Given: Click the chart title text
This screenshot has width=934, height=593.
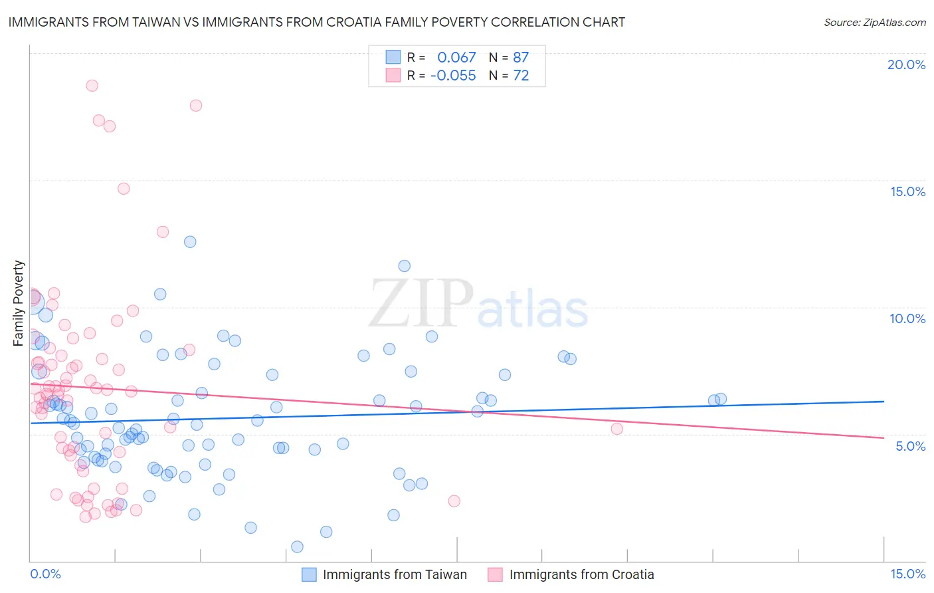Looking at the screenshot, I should click(316, 22).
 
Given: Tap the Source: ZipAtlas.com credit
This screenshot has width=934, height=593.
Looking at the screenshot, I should click(874, 22).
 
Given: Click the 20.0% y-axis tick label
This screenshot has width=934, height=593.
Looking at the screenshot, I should click(906, 64).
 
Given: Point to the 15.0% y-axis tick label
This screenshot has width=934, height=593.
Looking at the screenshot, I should click(907, 191).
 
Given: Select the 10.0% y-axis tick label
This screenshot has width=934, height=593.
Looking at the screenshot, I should click(907, 318).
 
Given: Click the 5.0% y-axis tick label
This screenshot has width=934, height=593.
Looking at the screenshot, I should click(910, 446).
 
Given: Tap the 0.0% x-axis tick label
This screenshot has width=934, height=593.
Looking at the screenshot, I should click(45, 574).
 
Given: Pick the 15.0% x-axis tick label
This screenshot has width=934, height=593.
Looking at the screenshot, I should click(907, 574).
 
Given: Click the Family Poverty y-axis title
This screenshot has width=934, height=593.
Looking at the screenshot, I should click(19, 303).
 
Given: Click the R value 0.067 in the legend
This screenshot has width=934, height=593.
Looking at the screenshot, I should click(456, 58).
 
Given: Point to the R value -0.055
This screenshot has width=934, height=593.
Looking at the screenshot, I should click(453, 76).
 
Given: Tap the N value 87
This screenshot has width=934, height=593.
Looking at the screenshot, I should click(521, 58).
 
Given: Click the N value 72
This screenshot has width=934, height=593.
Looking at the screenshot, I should click(521, 76).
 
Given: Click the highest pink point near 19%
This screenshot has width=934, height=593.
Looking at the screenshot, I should click(92, 86).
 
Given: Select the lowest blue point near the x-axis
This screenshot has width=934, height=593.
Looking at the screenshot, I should click(297, 546).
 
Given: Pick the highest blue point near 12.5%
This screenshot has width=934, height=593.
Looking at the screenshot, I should click(190, 242).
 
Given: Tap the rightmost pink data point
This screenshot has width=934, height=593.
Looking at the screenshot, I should click(617, 429).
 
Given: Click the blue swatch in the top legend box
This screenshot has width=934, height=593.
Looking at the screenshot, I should click(393, 57).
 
